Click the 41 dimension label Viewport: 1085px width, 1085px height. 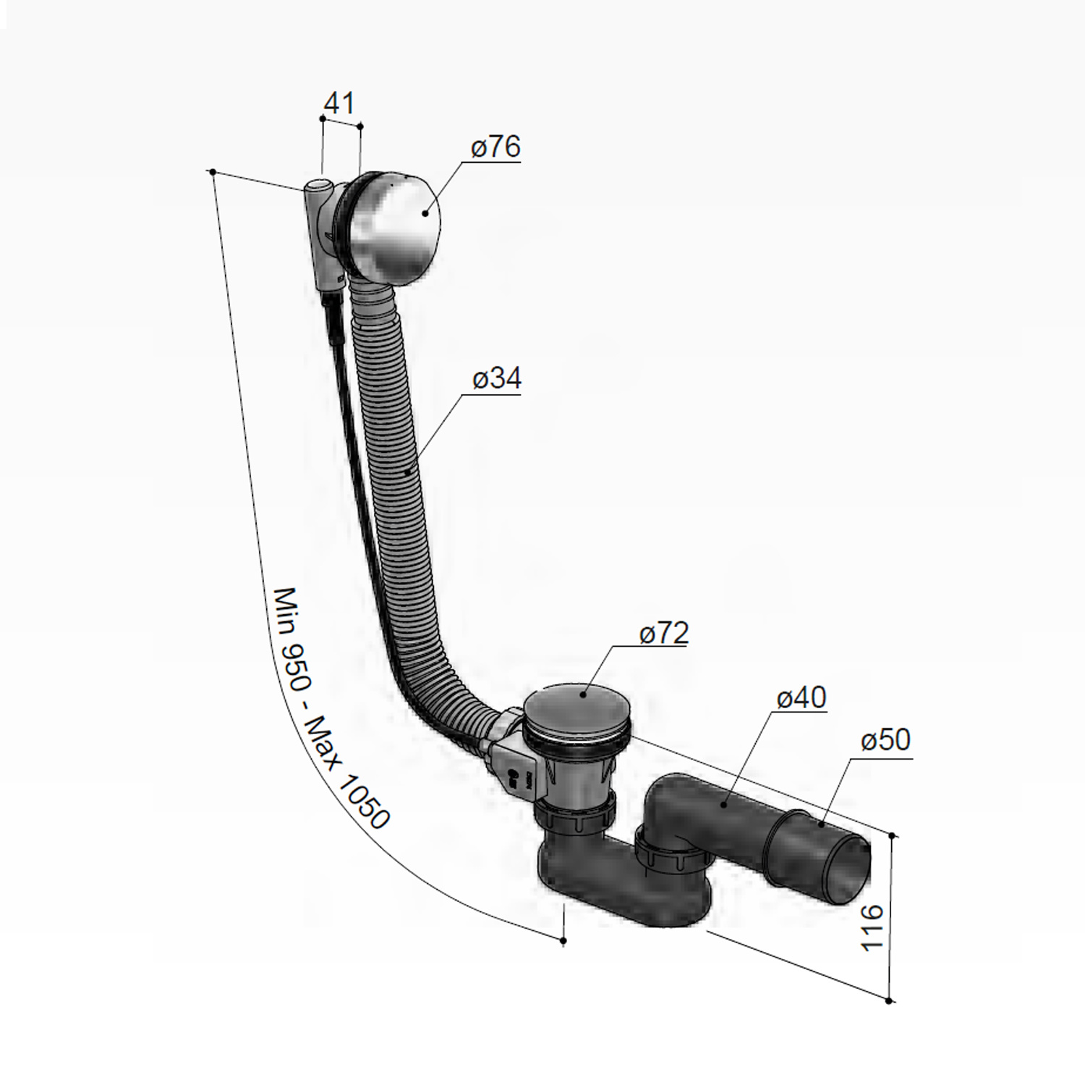340,103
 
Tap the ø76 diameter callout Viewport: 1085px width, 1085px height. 495,147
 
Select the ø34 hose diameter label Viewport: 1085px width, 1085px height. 497,379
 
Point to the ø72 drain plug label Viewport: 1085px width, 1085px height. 664,634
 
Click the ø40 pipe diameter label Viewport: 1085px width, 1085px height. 801,698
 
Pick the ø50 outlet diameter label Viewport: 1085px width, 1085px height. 886,741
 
